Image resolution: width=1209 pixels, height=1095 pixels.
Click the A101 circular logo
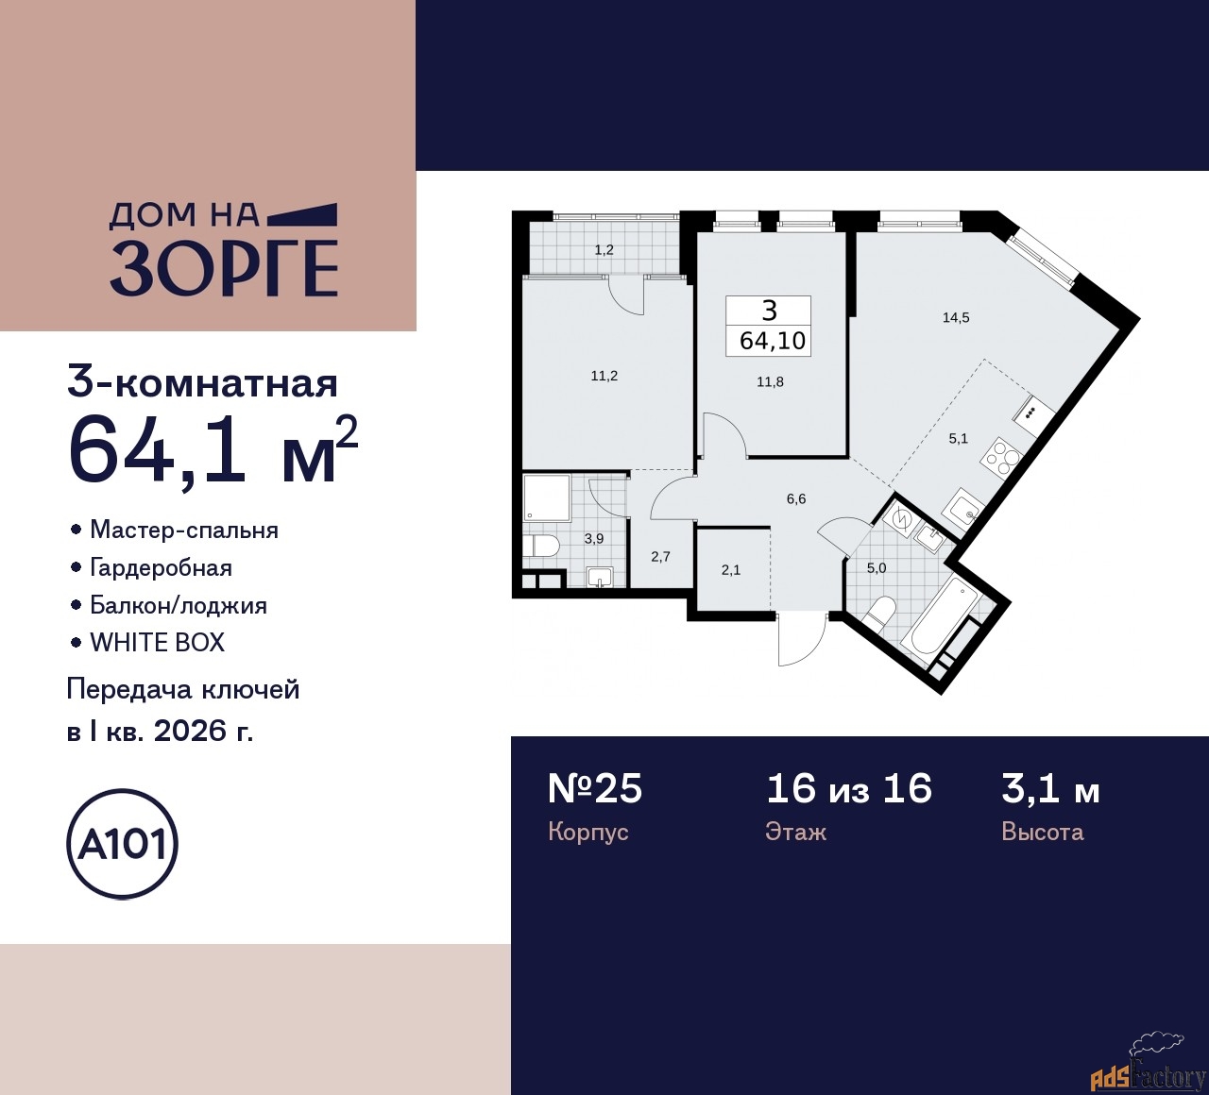pos(123,844)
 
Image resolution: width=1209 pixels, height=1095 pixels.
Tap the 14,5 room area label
pos(955,318)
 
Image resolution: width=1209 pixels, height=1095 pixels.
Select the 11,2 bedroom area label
pos(604,376)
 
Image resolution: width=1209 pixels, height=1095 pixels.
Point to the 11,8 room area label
pos(770,382)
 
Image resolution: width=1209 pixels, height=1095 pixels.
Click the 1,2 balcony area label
pos(604,250)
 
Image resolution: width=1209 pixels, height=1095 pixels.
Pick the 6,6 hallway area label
pos(796,499)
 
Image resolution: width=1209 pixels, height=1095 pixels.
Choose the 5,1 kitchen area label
pos(958,438)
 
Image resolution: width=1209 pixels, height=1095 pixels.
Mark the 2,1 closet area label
pos(731,570)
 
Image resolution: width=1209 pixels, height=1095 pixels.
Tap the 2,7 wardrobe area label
pos(660,557)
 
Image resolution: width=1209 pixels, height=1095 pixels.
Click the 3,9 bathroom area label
pos(594,539)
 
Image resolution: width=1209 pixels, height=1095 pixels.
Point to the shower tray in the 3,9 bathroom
pos(547,498)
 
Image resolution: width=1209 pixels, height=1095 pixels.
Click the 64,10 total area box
pos(769,326)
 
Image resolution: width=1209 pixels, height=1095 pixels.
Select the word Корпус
pos(587,832)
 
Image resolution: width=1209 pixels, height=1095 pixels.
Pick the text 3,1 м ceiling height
pos(1050,789)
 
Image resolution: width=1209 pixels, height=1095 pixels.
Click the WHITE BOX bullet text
pos(157,643)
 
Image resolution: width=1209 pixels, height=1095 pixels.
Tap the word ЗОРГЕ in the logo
pos(225,267)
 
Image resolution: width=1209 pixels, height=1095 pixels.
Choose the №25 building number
pos(595,789)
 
